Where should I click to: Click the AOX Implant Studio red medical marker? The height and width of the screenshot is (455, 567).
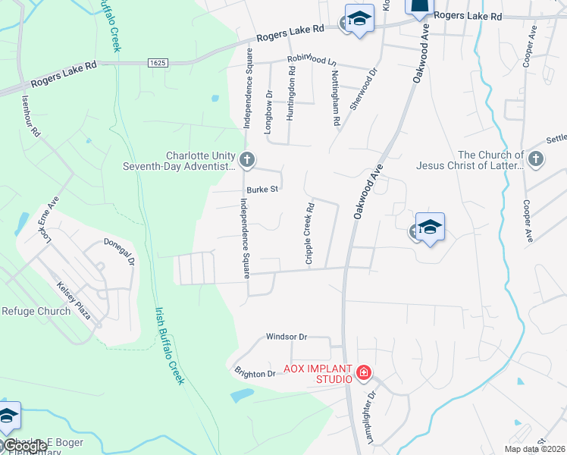coord(364,372)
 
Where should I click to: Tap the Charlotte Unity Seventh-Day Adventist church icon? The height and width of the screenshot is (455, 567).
coord(246,160)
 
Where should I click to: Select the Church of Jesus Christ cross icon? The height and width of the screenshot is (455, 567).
coord(536,159)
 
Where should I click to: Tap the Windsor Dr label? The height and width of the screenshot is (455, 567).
coord(286,337)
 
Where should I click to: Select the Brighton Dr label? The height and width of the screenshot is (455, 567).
coord(255,374)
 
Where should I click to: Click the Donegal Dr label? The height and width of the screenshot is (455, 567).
coord(120,250)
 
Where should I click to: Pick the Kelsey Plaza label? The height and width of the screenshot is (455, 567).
coord(74,300)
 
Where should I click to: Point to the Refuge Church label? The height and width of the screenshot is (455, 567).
coord(36,311)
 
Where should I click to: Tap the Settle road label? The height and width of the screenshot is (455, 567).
coord(556,140)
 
